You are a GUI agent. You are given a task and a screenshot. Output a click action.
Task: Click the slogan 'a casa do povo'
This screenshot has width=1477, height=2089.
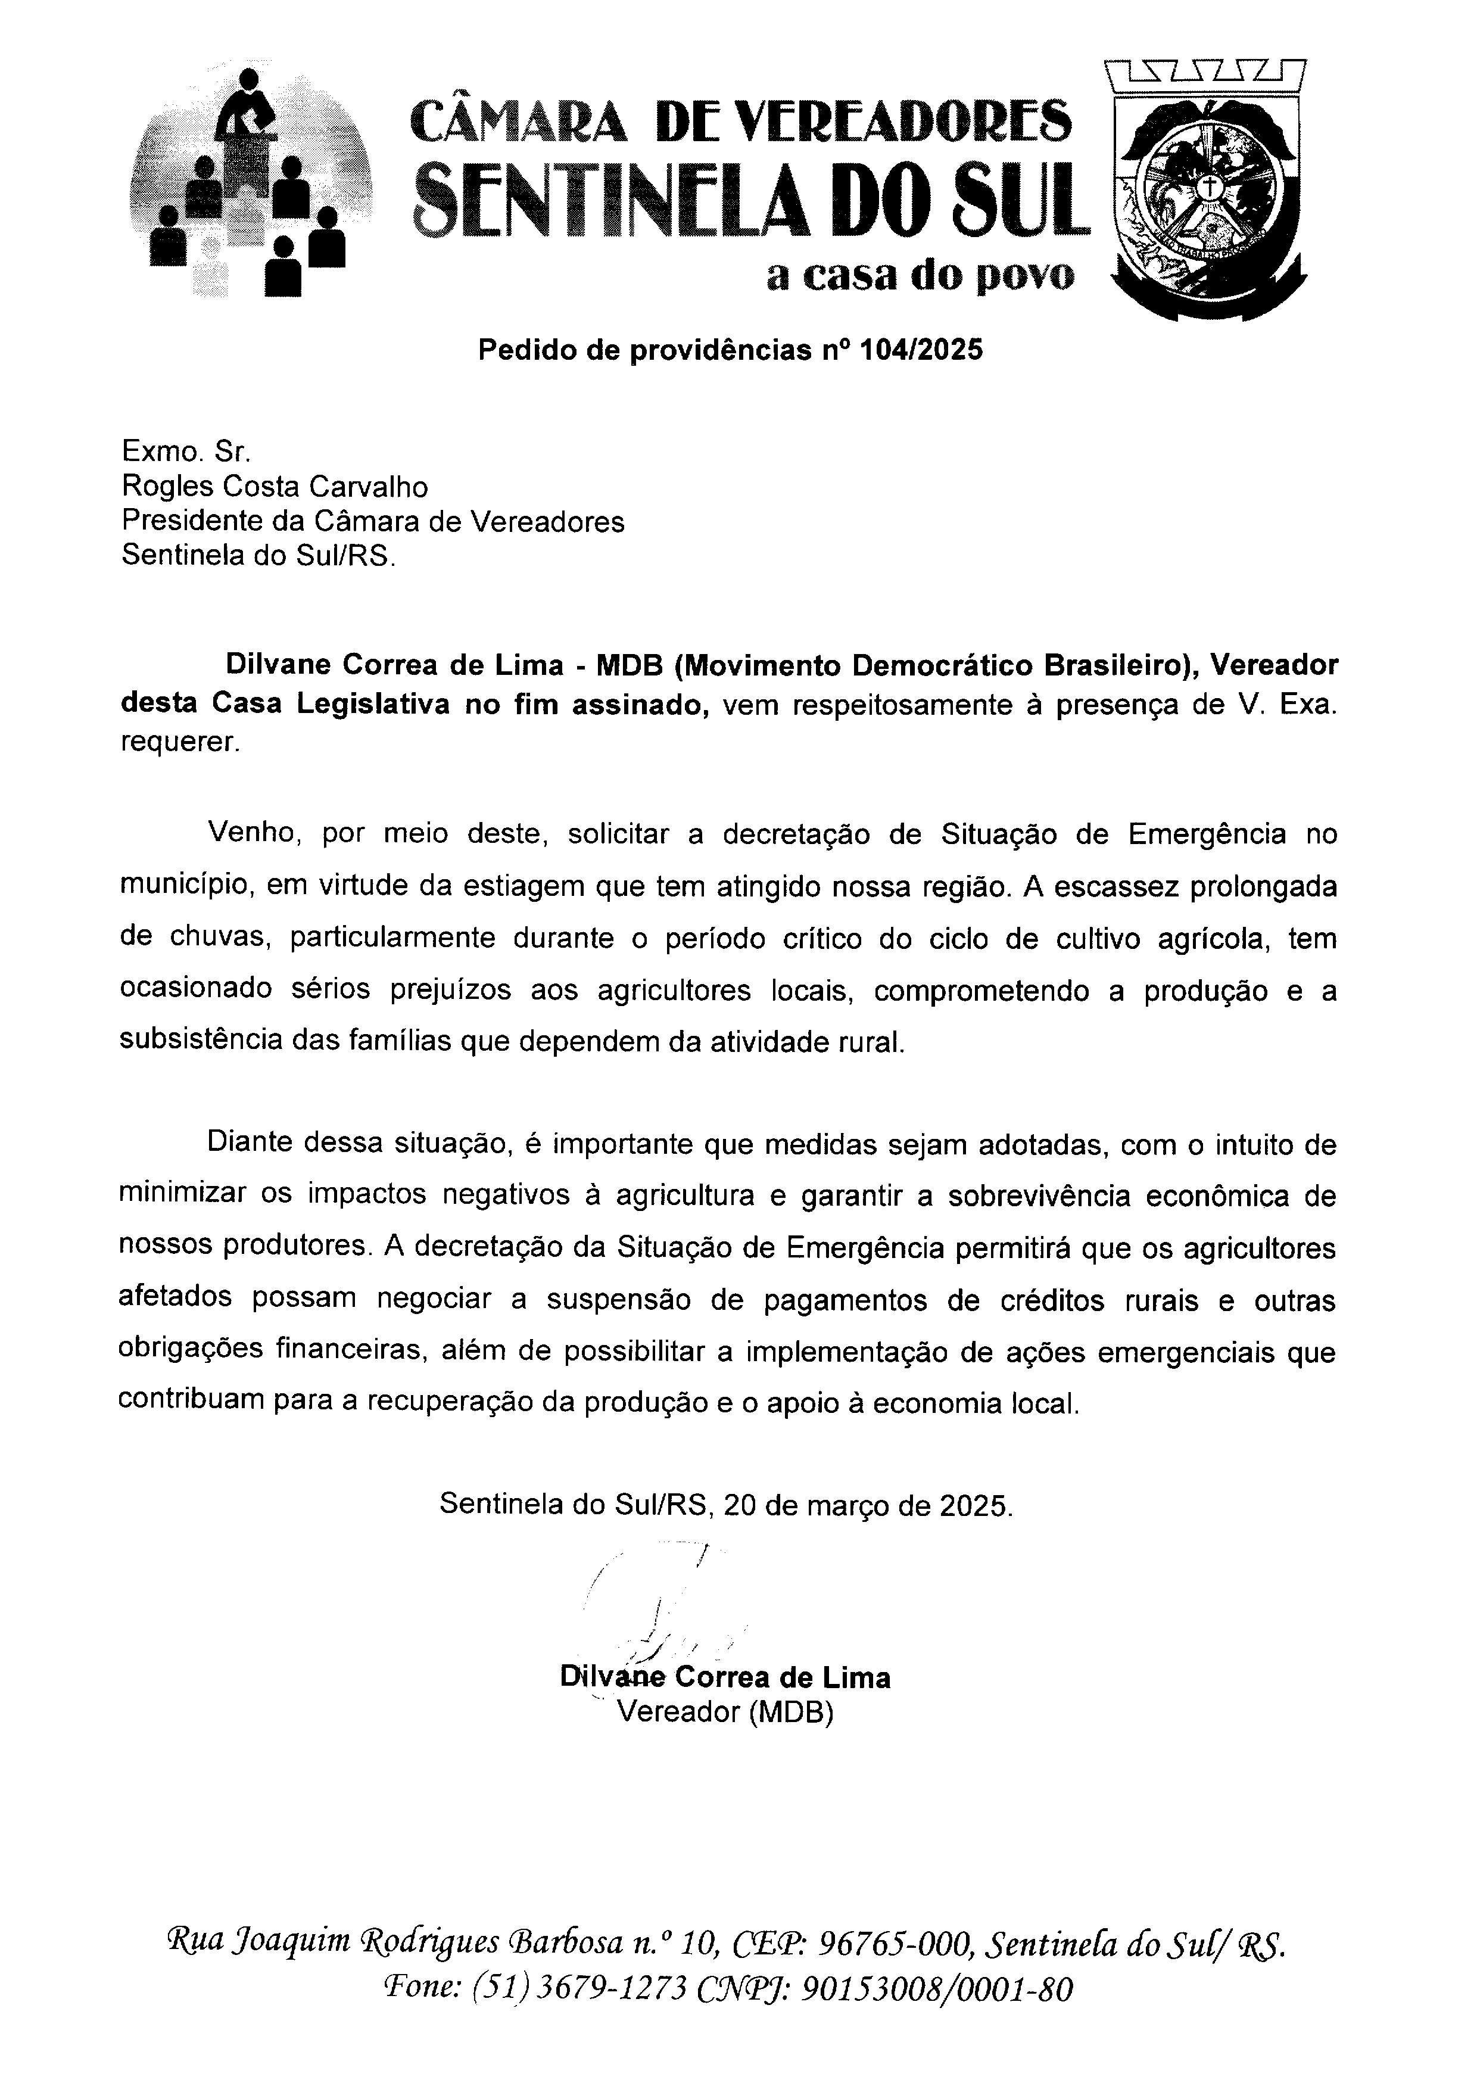coord(920,275)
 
